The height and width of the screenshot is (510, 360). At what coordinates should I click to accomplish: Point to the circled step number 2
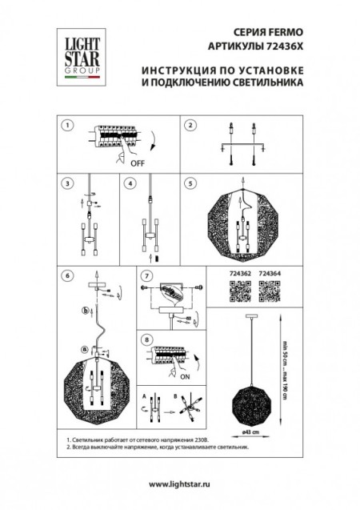(x=190, y=126)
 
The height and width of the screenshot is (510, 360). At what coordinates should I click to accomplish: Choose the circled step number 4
(x=129, y=183)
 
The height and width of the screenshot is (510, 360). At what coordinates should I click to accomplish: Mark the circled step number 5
(x=190, y=183)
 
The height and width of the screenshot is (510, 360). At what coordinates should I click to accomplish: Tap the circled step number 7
(x=146, y=276)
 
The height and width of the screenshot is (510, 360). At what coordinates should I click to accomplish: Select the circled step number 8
(x=146, y=339)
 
